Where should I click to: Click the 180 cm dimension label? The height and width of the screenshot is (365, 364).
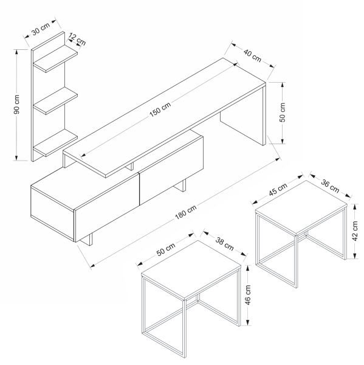[x=185, y=212]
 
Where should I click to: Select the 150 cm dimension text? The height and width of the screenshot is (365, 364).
[x=160, y=109]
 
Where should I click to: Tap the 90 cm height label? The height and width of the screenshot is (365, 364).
[x=17, y=105]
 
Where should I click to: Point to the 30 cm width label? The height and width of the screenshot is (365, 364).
[x=41, y=29]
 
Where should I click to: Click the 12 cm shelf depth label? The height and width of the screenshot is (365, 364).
[x=77, y=39]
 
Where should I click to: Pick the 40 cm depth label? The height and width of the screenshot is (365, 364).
[x=252, y=55]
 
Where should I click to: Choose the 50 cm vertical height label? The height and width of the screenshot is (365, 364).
[x=282, y=112]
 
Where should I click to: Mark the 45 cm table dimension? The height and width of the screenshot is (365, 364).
[x=278, y=189]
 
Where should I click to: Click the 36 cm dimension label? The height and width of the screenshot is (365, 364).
[x=330, y=186]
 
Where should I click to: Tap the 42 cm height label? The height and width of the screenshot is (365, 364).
[x=355, y=231]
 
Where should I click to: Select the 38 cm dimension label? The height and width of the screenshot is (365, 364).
[x=224, y=244]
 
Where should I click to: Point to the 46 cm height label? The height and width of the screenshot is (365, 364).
[x=248, y=295]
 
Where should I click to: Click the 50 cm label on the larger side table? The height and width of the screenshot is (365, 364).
[x=166, y=249]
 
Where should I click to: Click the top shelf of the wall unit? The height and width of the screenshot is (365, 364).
[x=55, y=58]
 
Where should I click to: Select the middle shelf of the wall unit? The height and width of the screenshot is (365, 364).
[x=55, y=100]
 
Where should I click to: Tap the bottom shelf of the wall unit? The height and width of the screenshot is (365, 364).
[x=55, y=142]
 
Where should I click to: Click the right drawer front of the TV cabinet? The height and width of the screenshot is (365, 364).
[x=171, y=170]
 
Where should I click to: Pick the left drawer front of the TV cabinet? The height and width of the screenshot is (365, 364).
[x=107, y=207]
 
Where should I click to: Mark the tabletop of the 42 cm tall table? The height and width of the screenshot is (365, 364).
[x=301, y=207]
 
